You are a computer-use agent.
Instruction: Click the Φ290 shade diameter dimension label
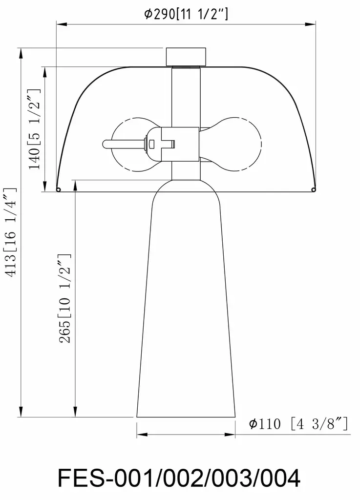[186, 14]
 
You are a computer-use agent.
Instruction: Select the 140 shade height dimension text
[35, 129]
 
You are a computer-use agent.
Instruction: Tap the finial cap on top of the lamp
[186, 57]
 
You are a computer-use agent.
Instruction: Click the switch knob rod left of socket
[125, 144]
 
